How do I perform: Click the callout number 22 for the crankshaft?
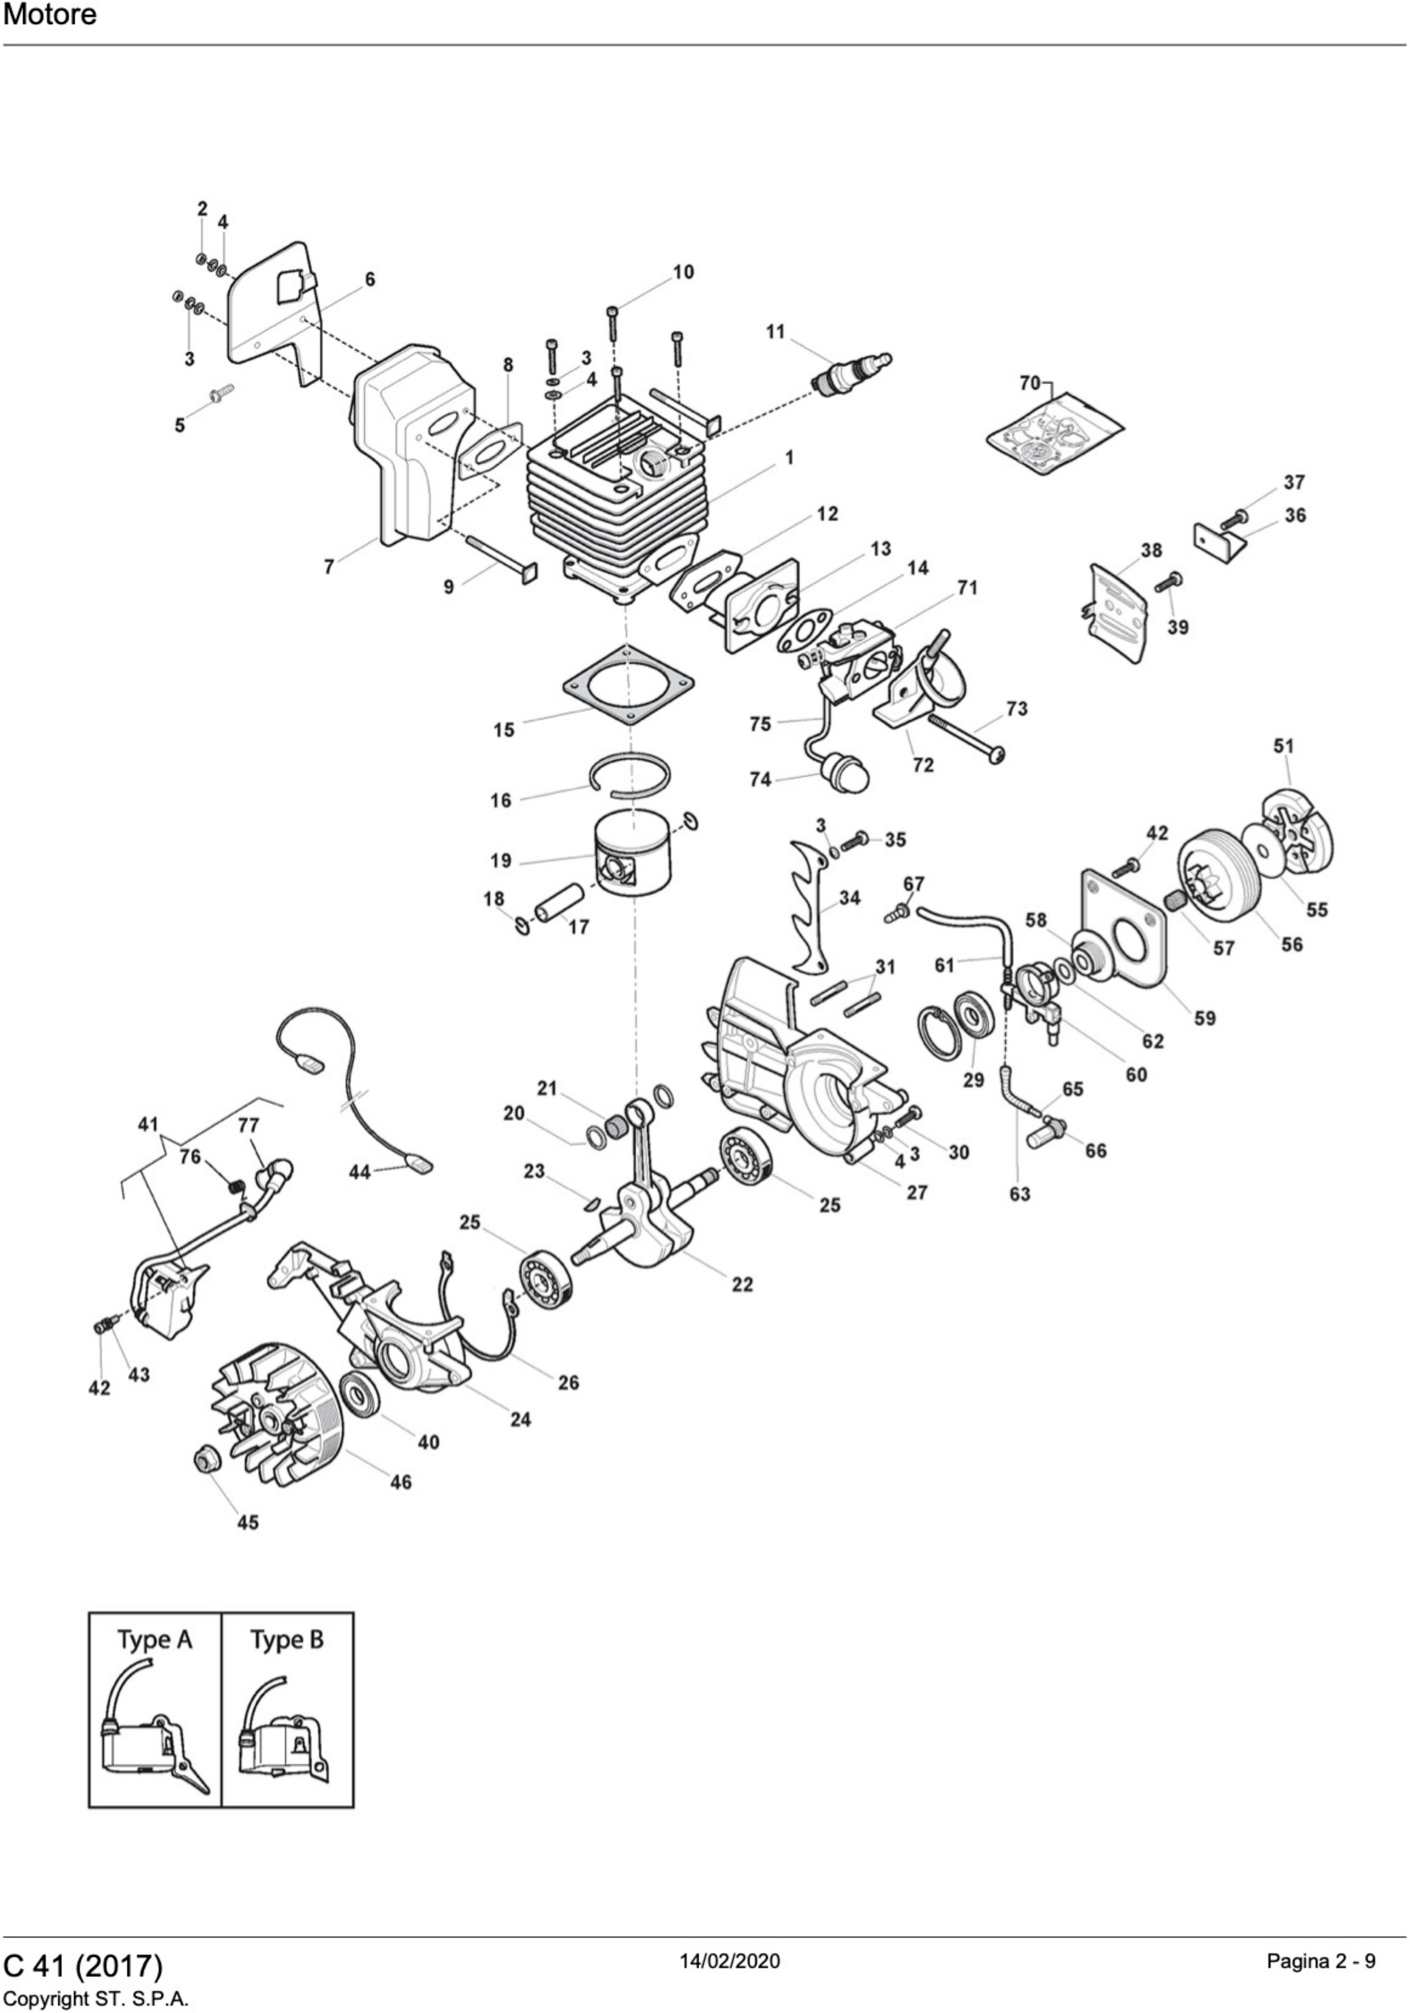(x=741, y=1284)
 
